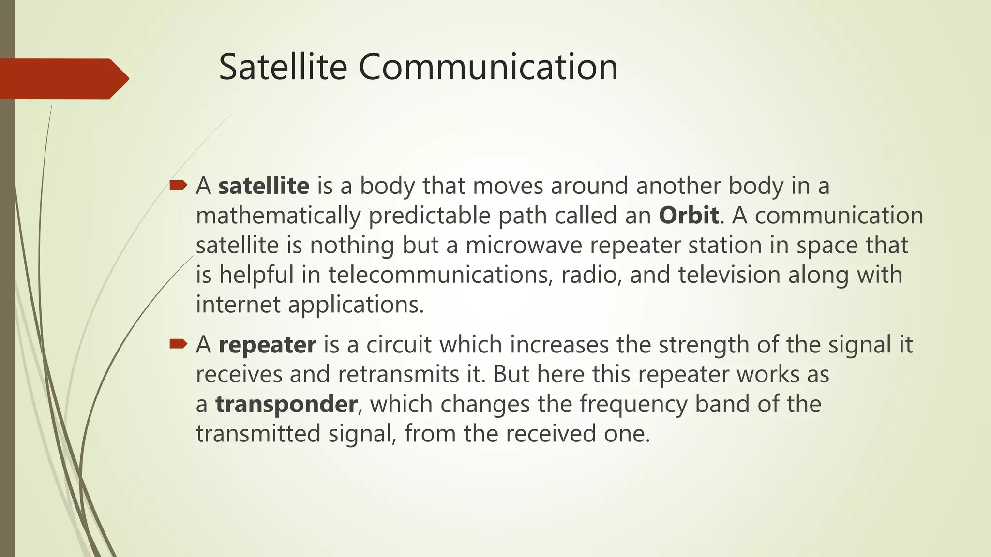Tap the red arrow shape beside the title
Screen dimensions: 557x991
click(x=63, y=78)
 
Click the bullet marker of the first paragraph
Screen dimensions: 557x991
click(x=178, y=185)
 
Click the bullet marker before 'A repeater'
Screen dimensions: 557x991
click(x=178, y=344)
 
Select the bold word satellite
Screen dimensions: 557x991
click(x=264, y=186)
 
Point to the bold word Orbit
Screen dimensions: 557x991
click(x=688, y=216)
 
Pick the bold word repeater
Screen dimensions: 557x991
click(x=267, y=345)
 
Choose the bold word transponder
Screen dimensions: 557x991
click(x=286, y=404)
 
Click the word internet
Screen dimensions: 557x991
click(x=238, y=305)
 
